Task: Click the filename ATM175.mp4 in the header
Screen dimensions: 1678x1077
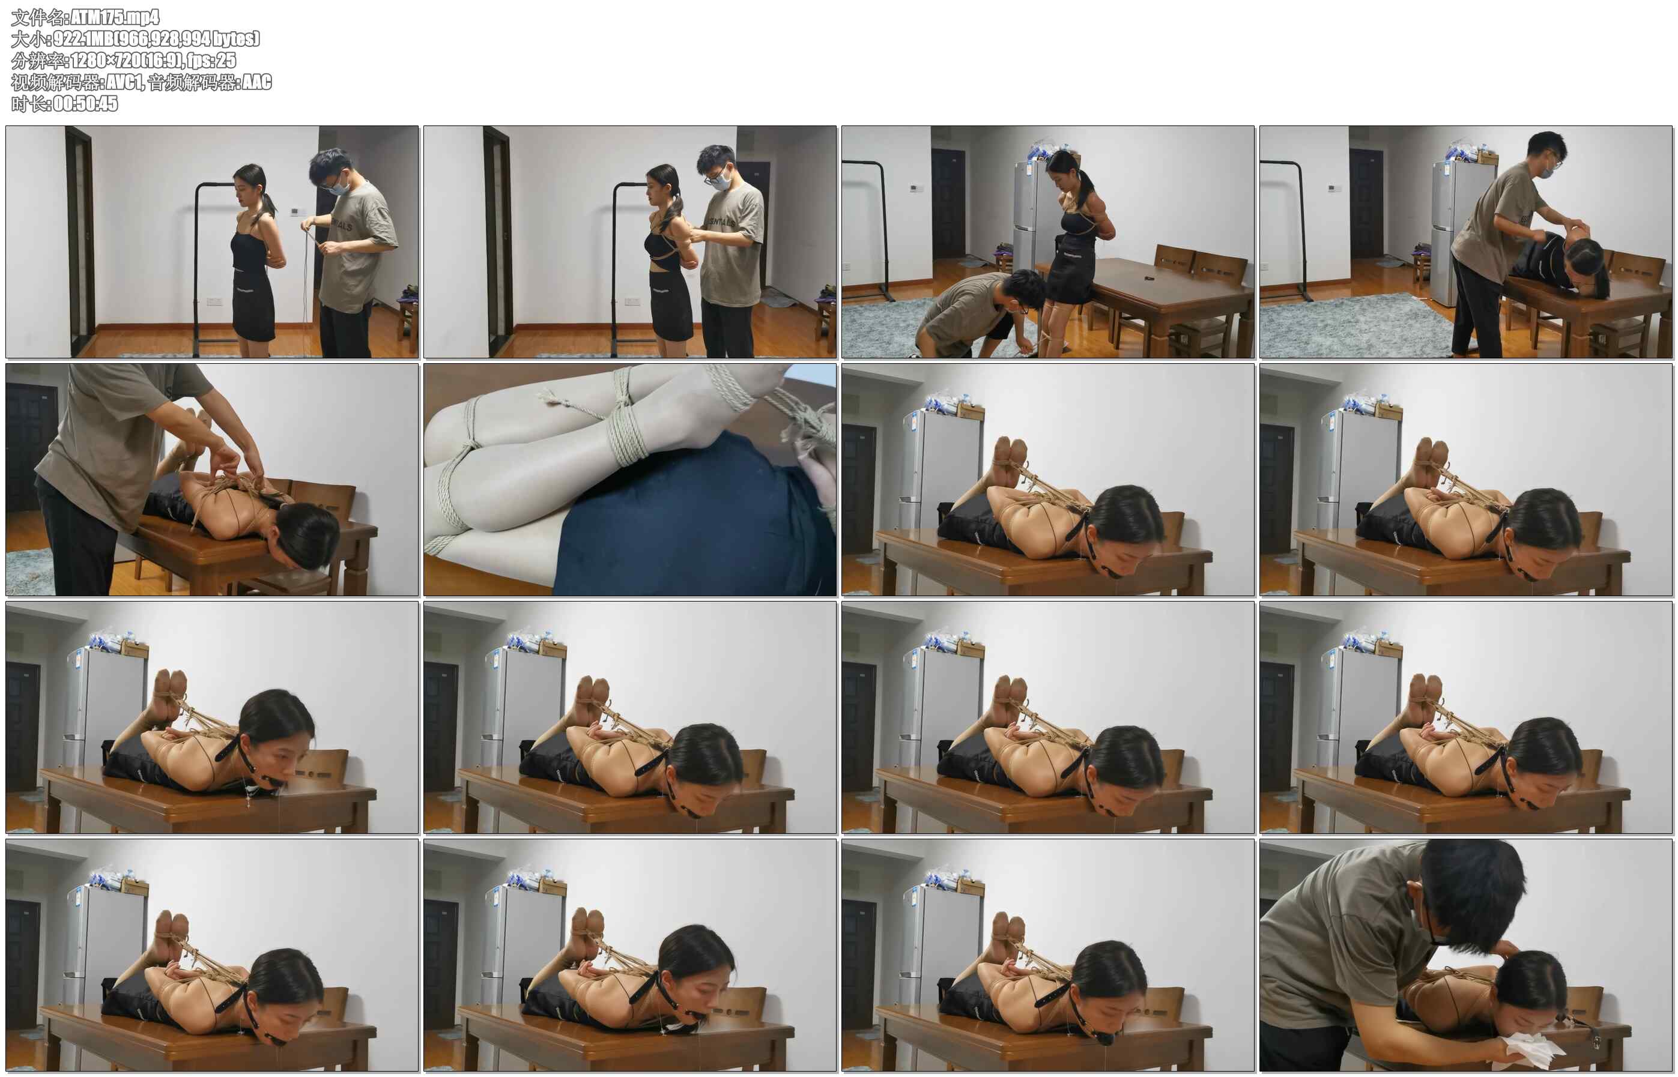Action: click(115, 17)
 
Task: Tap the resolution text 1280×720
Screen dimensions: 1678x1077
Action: click(106, 60)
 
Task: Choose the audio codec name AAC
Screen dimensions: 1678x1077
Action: click(256, 82)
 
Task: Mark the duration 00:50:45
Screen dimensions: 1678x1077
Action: click(85, 103)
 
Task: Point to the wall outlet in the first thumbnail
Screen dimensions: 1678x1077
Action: click(214, 301)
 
